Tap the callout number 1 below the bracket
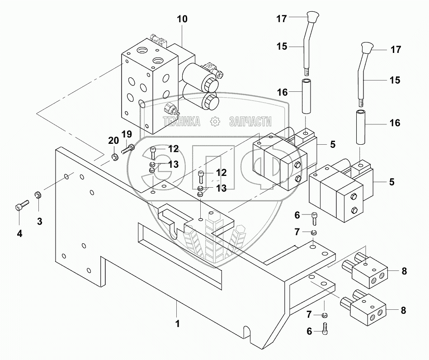point(177,323)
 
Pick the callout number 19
point(127,134)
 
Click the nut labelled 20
point(114,156)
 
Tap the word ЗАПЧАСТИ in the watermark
point(250,121)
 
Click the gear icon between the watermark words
point(214,121)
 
